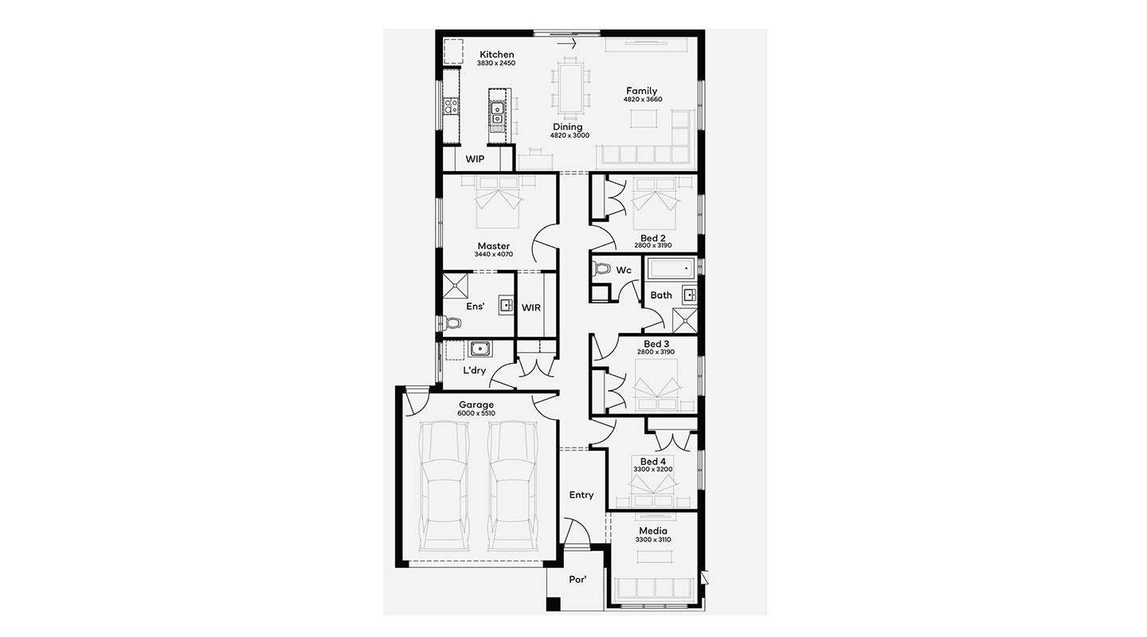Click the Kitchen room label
coord(497,54)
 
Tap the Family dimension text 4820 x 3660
coord(642,100)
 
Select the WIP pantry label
coord(475,159)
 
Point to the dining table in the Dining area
coord(570,88)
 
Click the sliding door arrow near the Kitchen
coord(566,44)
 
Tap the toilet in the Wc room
coord(602,268)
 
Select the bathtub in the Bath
coord(671,268)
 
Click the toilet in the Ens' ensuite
coord(92,323)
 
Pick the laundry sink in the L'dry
coord(480,349)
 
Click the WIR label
coord(531,307)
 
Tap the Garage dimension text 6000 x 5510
coord(476,413)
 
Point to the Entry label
coord(581,494)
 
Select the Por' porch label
coord(577,579)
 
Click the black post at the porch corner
coord(553,604)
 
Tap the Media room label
coord(653,531)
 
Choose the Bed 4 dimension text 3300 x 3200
coord(653,469)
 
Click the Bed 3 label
coord(656,344)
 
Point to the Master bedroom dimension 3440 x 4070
coord(494,254)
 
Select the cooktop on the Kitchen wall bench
coord(92,107)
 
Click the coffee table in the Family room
coord(643,119)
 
